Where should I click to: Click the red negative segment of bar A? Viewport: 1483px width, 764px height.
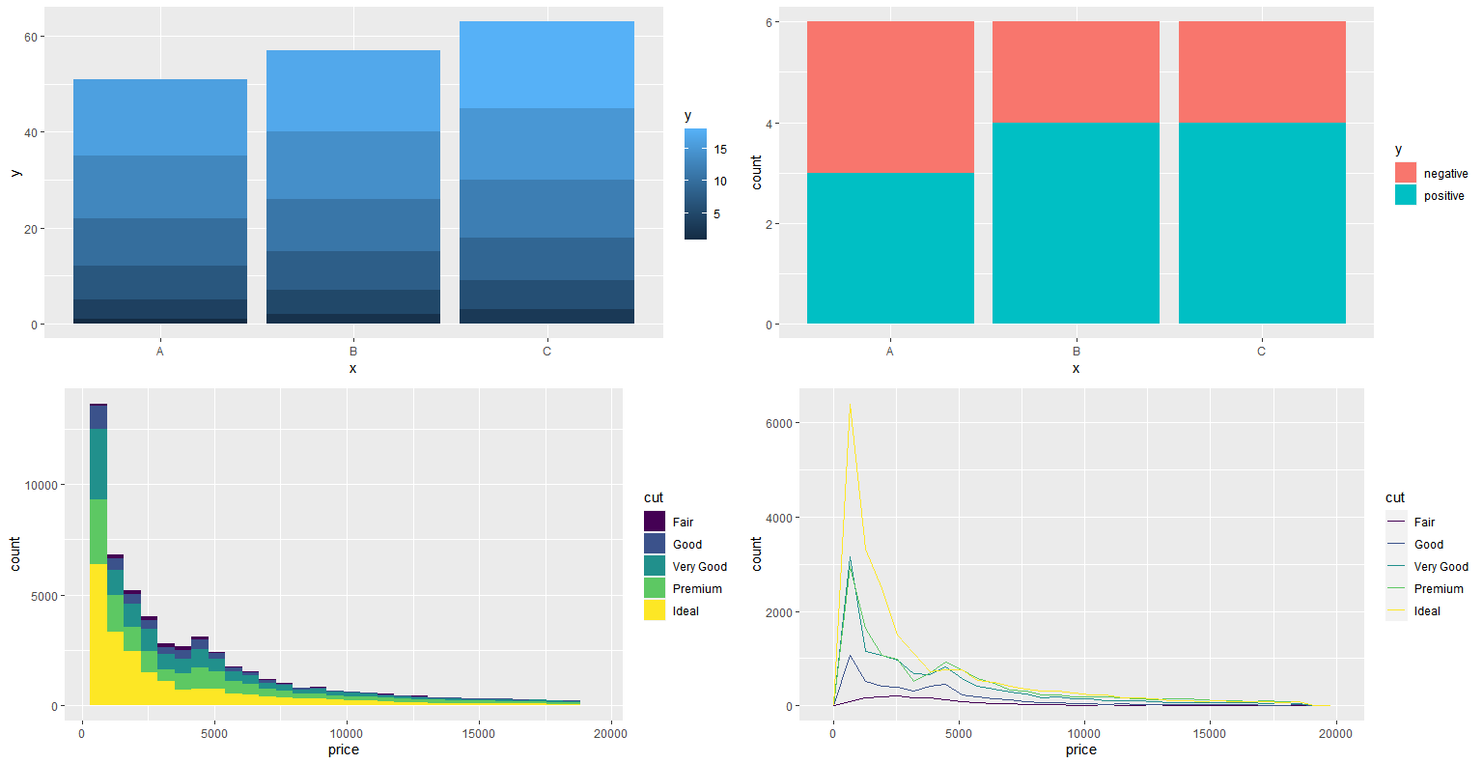pos(890,97)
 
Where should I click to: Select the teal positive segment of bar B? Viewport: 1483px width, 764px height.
pos(1076,222)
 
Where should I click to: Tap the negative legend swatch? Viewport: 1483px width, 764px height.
pos(1406,173)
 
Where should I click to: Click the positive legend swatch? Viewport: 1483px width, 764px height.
pos(1406,195)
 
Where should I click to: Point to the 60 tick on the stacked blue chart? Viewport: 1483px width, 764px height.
pos(31,37)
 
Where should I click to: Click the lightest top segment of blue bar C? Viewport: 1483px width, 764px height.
pos(546,64)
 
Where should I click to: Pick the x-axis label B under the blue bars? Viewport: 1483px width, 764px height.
pos(353,352)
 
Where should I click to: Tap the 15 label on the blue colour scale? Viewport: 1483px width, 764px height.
pos(720,150)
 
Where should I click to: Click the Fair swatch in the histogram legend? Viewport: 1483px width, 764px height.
pos(655,522)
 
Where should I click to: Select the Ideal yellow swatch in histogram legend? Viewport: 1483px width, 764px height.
pos(655,610)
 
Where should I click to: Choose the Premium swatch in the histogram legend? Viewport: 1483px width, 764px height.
pos(655,588)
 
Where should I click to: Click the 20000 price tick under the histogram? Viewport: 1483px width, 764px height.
pos(610,733)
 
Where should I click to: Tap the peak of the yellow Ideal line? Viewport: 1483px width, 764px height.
pos(850,404)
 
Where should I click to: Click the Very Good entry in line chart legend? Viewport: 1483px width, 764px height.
pos(1441,567)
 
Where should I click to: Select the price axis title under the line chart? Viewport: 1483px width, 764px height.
pos(1080,750)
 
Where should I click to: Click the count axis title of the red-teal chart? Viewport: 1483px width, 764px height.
pos(756,172)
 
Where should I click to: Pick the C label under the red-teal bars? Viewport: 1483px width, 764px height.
pos(1261,352)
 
